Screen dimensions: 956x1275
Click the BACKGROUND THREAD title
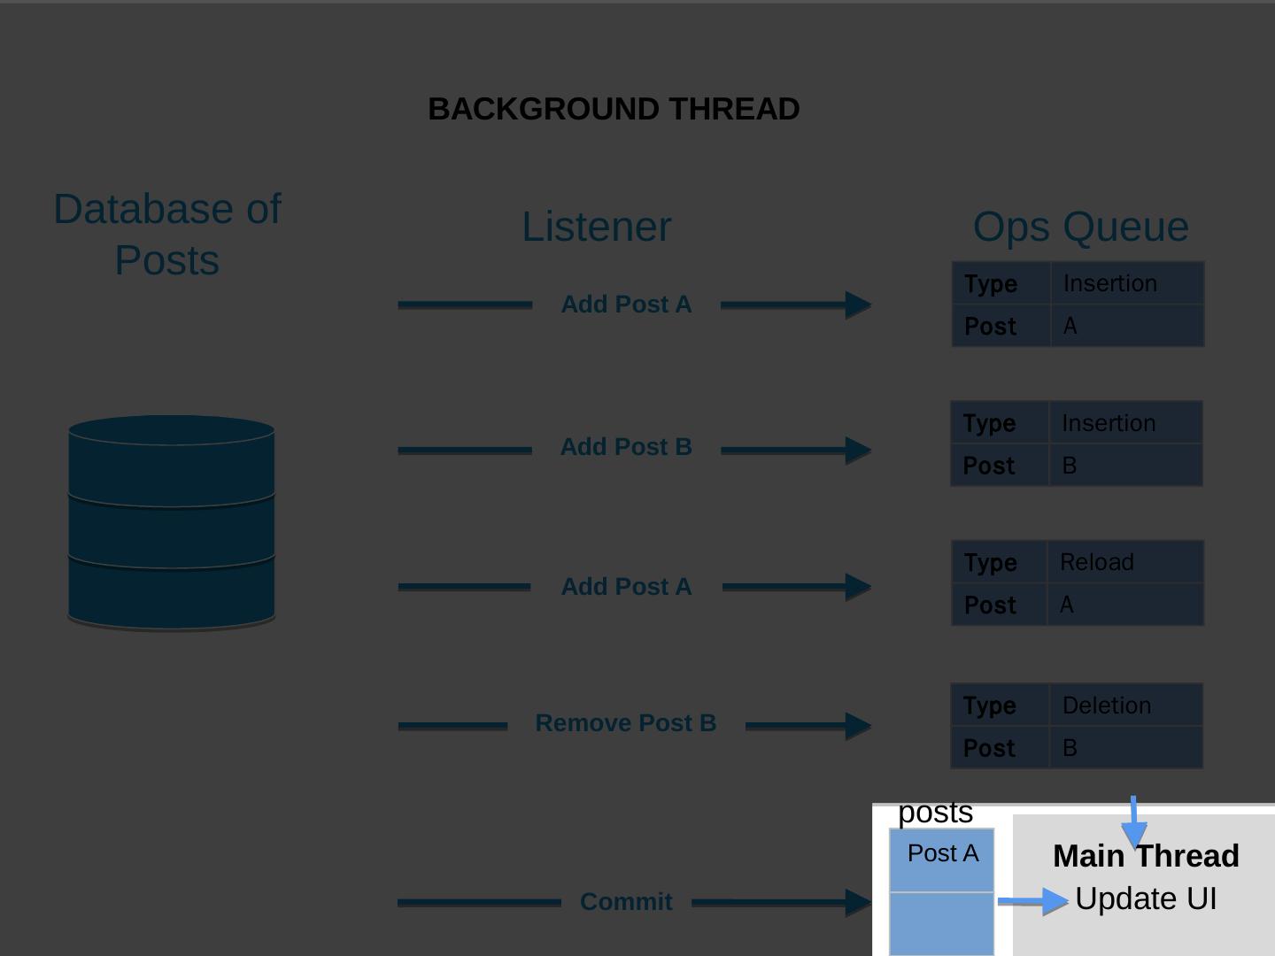(x=614, y=109)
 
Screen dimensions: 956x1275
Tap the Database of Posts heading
(x=167, y=235)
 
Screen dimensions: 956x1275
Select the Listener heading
(x=596, y=227)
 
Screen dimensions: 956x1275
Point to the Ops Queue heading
(x=1080, y=227)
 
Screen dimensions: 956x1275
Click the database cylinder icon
(x=171, y=522)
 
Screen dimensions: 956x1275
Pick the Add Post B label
(x=626, y=447)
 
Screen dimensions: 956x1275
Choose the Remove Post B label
(x=626, y=723)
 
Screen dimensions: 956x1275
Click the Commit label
(x=626, y=902)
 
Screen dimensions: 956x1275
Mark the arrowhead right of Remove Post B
(x=858, y=726)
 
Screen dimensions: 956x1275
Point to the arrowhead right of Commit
(x=858, y=902)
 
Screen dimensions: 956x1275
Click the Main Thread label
(x=1146, y=856)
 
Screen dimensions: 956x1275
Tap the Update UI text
(x=1146, y=898)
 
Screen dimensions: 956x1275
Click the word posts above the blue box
(x=935, y=813)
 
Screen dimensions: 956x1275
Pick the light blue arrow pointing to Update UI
(x=1034, y=901)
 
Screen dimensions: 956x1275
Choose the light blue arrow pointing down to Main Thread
(x=1133, y=823)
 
